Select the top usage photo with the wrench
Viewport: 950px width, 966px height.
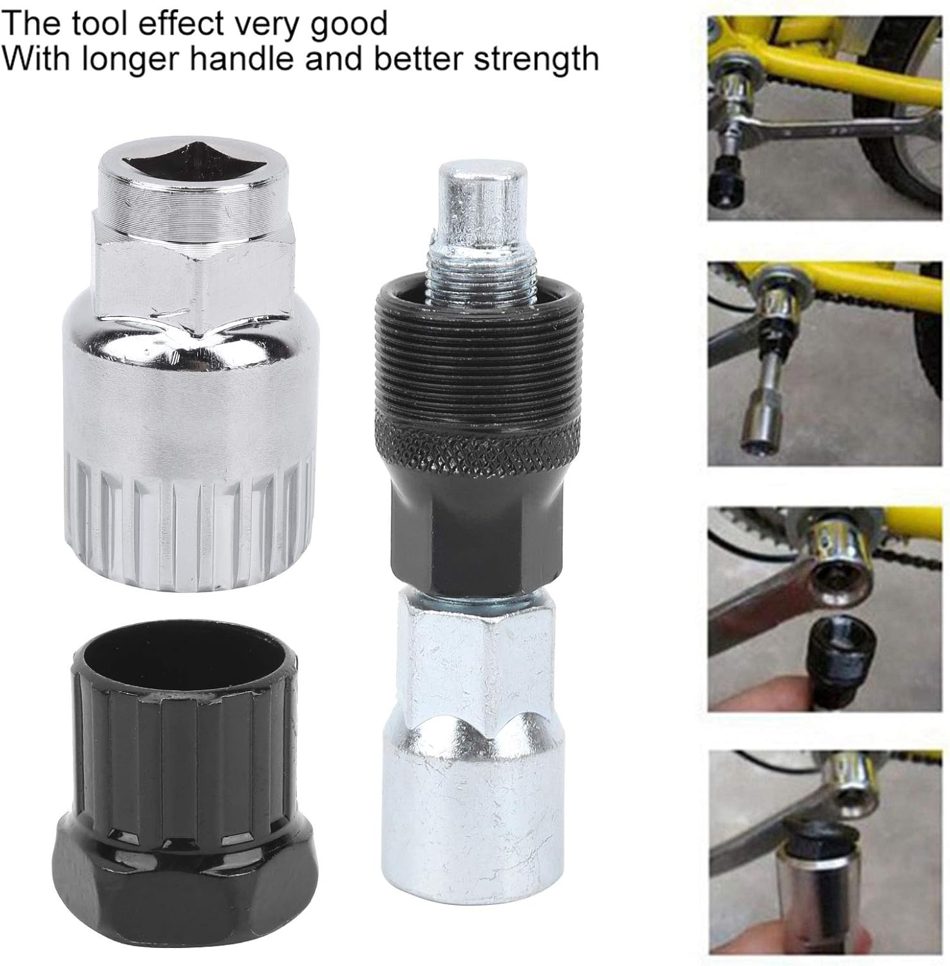[824, 119]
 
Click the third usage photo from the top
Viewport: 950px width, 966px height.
[824, 609]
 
